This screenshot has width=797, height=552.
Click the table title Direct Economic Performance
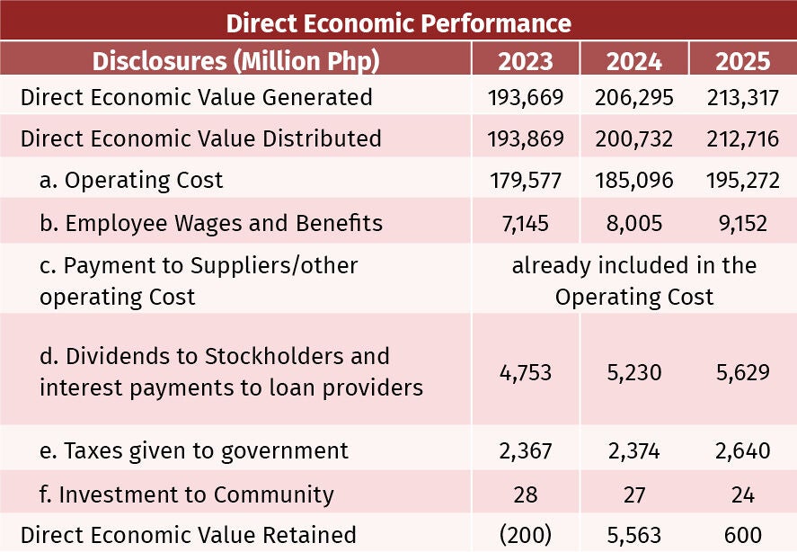399,23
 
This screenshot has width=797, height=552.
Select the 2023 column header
526,61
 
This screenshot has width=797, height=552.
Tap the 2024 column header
633,61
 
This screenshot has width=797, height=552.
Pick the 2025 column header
742,61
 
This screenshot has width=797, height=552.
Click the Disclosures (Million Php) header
235,61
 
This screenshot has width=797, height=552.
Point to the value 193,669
526,98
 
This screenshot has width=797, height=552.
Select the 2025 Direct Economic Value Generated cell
742,98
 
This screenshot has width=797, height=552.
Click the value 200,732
633,138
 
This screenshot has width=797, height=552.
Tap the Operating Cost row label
131,181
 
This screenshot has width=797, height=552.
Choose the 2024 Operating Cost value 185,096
633,181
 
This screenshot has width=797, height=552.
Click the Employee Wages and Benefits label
211,223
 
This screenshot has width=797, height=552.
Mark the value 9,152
742,223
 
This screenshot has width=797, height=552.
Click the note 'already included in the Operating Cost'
633,280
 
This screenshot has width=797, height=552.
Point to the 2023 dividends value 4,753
526,372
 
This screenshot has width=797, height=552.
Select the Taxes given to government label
194,451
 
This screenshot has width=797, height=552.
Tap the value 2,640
742,450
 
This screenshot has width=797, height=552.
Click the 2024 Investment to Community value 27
633,494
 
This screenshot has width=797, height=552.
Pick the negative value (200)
526,535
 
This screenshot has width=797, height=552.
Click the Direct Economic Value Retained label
188,535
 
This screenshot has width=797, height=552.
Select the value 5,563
633,535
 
